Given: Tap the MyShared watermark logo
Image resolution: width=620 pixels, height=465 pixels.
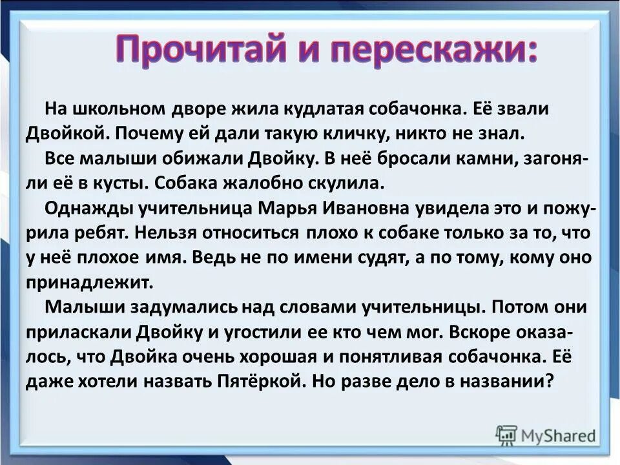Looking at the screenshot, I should click(x=546, y=435).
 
